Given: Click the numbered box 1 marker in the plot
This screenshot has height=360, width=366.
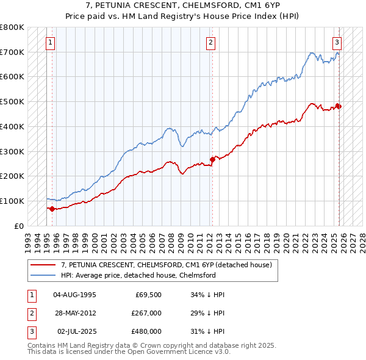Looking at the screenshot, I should [49, 43].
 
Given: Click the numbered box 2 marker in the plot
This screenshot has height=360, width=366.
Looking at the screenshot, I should [210, 43].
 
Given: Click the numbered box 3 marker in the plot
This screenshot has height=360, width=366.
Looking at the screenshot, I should [337, 43].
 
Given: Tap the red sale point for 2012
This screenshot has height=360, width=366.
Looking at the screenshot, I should [212, 159].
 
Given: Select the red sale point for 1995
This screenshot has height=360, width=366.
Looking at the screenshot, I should [52, 209].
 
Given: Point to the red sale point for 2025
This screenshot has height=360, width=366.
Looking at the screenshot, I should [339, 106].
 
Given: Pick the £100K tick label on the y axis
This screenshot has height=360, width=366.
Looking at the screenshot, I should [12, 201].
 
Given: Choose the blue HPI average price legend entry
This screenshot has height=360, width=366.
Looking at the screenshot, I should [138, 275].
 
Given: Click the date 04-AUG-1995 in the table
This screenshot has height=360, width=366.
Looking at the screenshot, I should [74, 295].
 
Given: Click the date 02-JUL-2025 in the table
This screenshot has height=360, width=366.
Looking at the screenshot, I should [74, 333].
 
